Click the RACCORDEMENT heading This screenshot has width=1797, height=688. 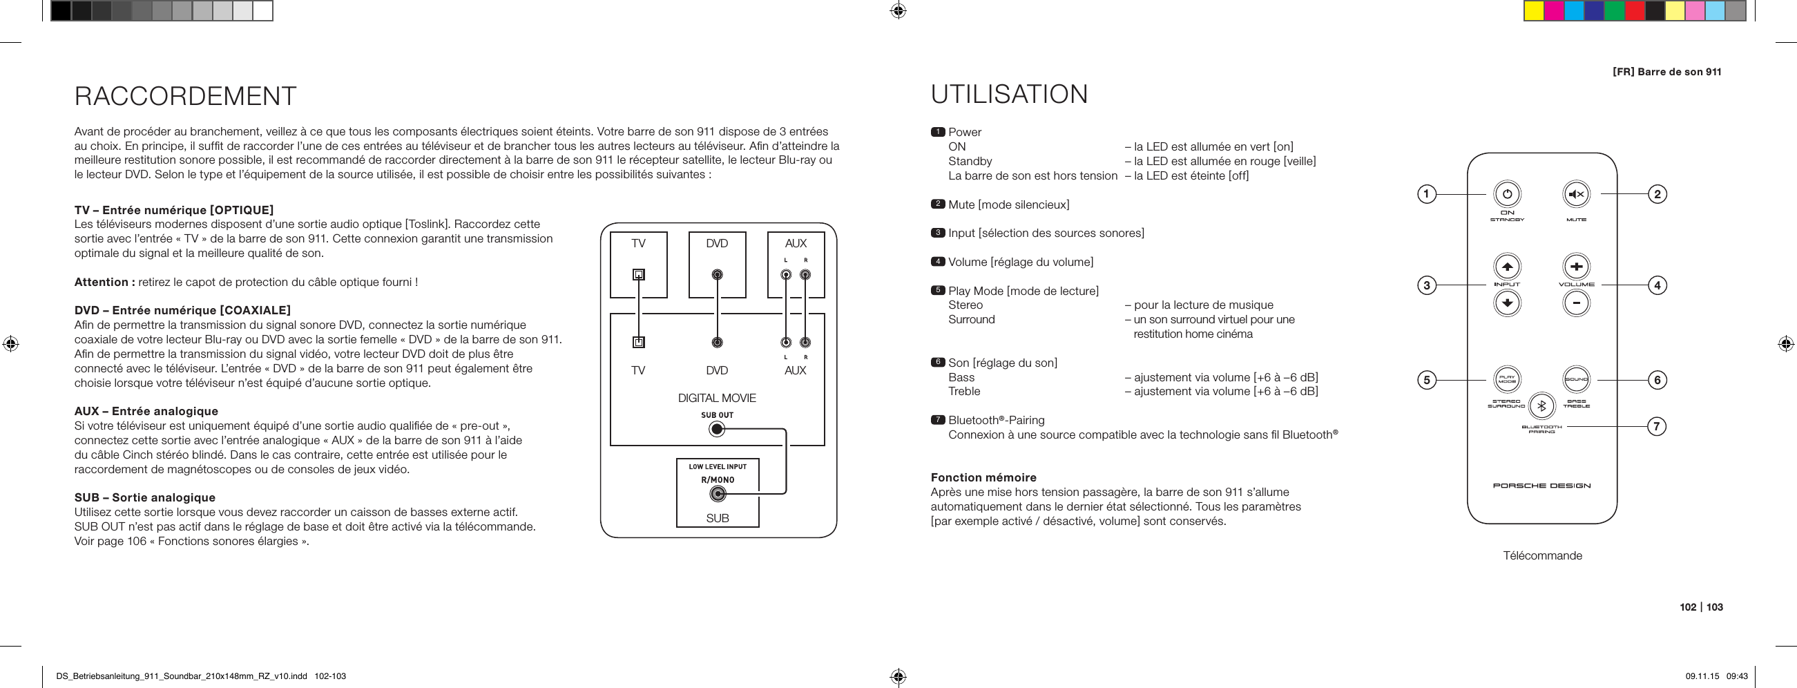186,96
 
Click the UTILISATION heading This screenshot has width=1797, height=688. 1009,94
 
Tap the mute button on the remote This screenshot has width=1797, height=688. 1576,195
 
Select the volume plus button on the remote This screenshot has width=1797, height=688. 1576,267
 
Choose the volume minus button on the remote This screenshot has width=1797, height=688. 1576,303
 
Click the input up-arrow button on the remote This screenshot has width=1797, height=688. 1507,267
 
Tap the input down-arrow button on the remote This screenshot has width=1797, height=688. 1507,303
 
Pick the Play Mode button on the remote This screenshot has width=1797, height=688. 1507,380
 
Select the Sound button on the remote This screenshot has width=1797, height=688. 1576,380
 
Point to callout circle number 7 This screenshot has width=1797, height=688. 1657,426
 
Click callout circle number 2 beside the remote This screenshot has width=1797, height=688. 1657,194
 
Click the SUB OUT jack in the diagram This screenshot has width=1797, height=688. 716,429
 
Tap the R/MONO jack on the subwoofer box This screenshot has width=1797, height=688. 717,495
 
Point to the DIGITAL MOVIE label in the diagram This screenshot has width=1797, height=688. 716,398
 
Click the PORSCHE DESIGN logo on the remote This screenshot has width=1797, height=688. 1541,486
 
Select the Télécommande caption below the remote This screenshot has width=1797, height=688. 1542,555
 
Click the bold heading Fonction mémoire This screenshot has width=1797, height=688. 983,477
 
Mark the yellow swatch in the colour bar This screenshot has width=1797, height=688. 1533,11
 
